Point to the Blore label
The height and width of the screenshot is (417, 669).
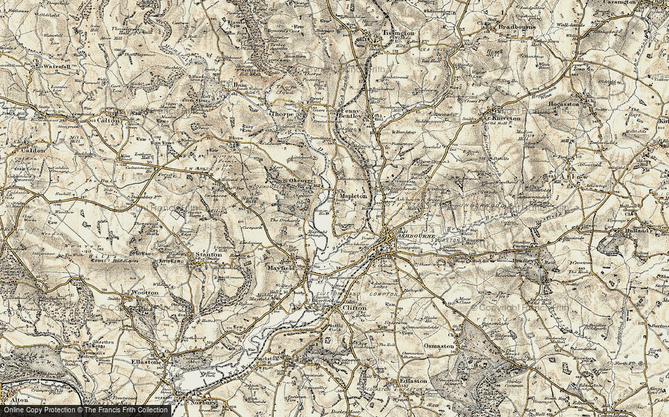click(x=236, y=139)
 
